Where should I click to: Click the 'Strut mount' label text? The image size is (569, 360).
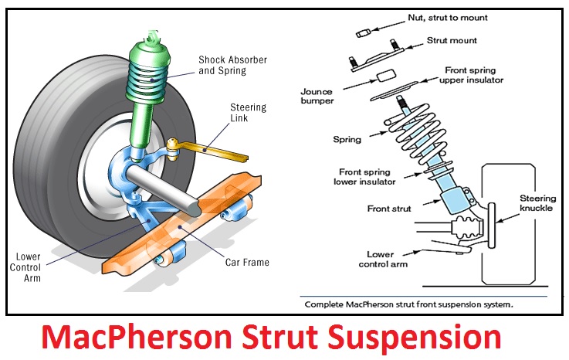452,39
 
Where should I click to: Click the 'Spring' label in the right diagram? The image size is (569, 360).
347,140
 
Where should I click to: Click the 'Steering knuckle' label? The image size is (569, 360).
537,203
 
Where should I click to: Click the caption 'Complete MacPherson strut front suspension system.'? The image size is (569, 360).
409,304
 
